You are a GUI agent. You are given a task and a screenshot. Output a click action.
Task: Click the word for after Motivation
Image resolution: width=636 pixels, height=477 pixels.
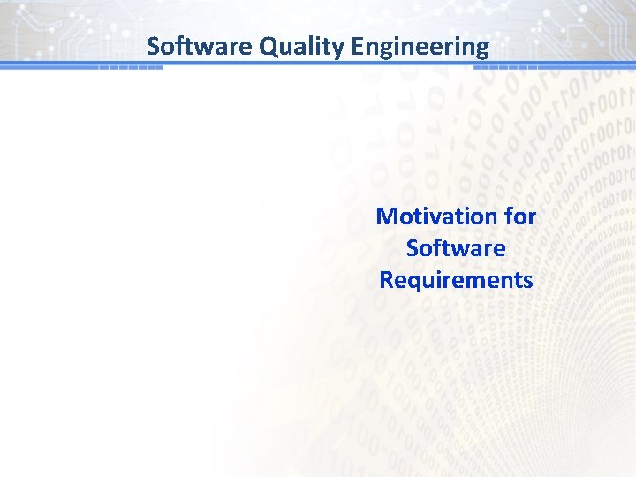tap(520, 216)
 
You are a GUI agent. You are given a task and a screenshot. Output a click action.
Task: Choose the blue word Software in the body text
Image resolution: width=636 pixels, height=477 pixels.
tap(456, 248)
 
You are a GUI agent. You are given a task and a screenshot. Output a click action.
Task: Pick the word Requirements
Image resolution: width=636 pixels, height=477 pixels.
tap(456, 280)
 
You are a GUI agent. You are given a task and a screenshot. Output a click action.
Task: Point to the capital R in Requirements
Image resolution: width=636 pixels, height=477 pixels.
tap(386, 280)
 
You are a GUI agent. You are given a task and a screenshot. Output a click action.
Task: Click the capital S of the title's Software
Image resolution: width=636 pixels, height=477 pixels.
tap(153, 46)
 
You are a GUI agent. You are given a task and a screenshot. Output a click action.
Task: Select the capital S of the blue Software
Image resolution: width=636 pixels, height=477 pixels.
tap(413, 248)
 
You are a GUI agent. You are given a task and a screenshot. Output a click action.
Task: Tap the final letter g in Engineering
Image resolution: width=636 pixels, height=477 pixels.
tap(481, 49)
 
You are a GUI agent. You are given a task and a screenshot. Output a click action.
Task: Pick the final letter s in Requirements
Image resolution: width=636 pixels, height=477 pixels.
tap(527, 281)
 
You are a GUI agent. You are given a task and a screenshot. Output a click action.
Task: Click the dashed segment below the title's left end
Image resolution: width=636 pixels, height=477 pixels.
tap(130, 67)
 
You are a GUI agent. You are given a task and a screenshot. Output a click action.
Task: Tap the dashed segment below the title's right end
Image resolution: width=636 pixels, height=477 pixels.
tap(512, 67)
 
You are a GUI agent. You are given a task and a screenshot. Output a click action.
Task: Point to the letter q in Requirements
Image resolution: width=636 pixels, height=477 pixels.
tap(411, 283)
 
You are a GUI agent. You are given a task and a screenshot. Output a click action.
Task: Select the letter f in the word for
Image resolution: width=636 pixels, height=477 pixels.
tap(506, 216)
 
